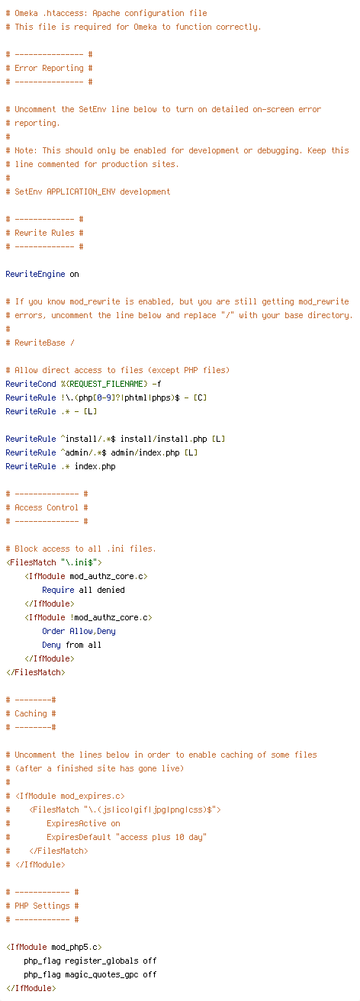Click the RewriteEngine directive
click(x=35, y=275)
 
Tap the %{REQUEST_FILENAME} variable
click(x=104, y=384)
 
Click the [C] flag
click(x=200, y=398)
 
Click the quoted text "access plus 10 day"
click(x=161, y=837)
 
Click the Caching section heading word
click(x=31, y=713)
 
